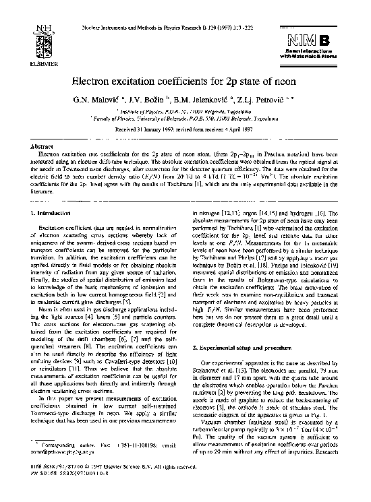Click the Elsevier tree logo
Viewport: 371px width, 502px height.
coord(43,33)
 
